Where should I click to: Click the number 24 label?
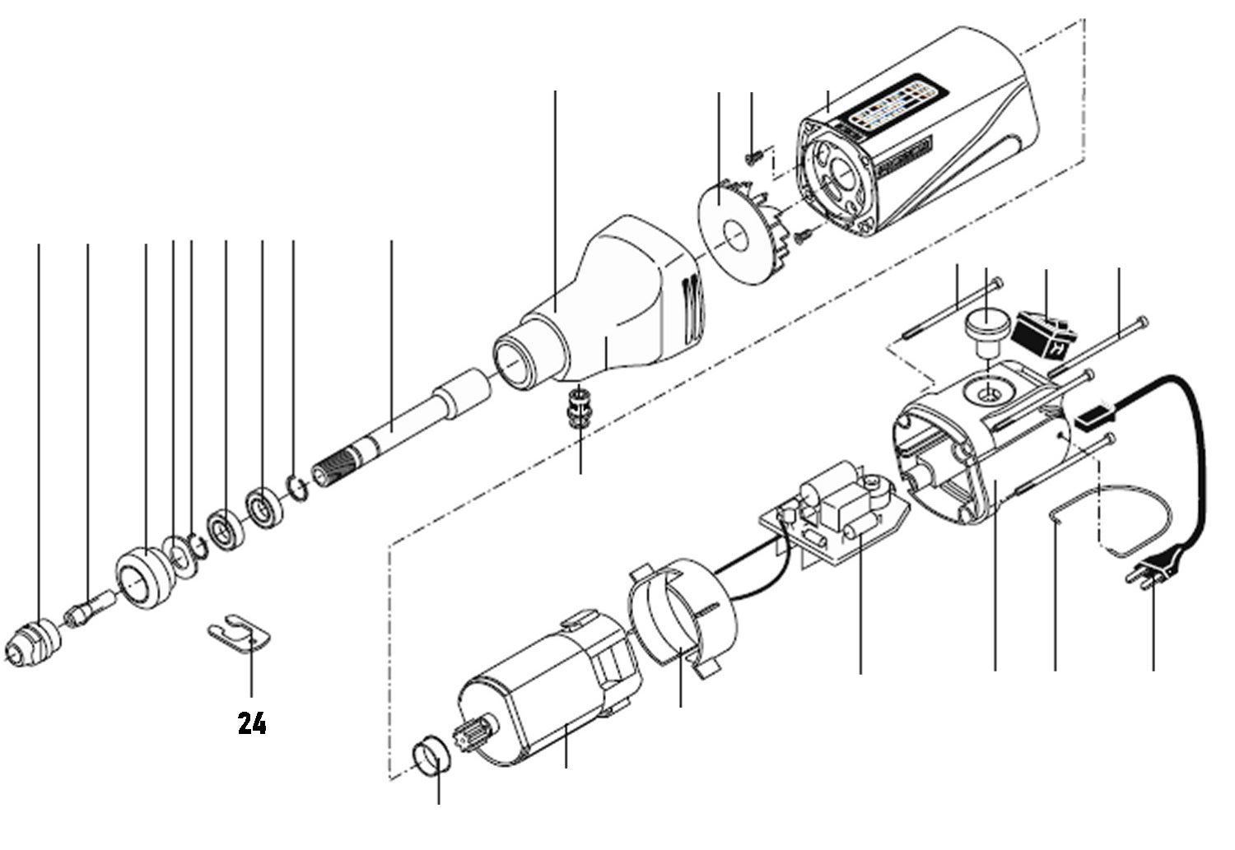252,723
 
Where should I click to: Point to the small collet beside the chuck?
85,612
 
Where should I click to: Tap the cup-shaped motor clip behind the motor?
680,609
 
